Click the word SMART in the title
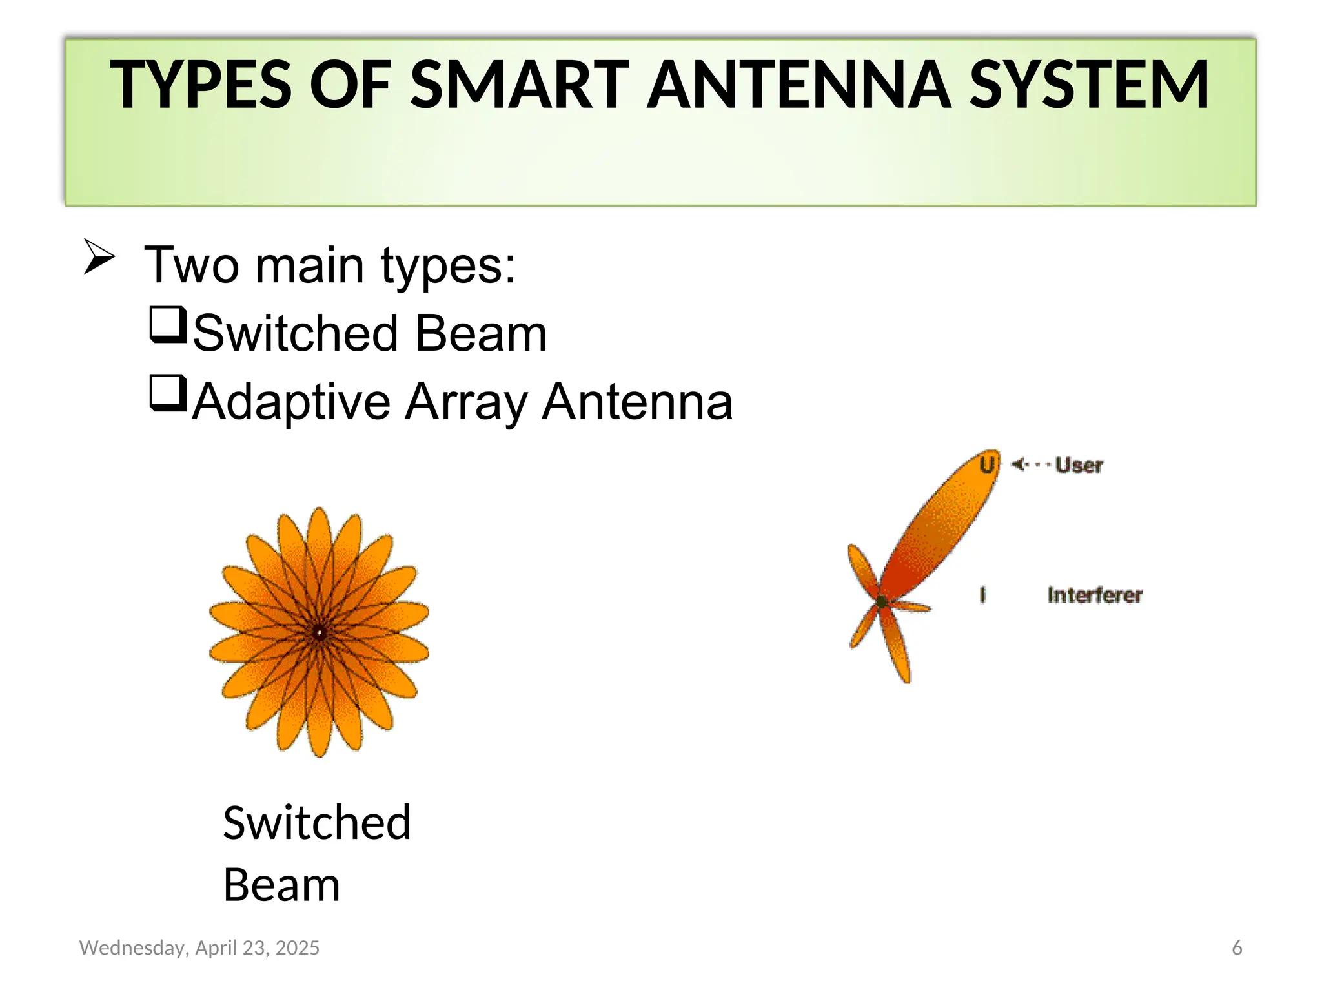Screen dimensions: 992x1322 (520, 85)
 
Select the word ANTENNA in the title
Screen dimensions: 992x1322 (799, 85)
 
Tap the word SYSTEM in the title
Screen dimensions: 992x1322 (1089, 85)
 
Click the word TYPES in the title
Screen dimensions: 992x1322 (201, 85)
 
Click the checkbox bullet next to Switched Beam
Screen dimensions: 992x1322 (168, 325)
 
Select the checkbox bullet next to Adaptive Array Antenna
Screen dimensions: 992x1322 (168, 393)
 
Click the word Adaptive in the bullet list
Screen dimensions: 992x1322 (292, 402)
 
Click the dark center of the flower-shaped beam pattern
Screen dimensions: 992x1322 (319, 633)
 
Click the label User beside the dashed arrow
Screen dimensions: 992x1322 (1079, 465)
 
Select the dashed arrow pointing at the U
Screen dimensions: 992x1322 (1031, 464)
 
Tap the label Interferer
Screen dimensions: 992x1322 (1095, 595)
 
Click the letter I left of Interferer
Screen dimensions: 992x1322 (982, 595)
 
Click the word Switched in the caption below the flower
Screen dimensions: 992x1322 (316, 823)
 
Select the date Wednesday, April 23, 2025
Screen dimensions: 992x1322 (199, 947)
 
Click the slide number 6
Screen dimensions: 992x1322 (1237, 947)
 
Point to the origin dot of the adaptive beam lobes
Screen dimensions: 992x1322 (881, 602)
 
